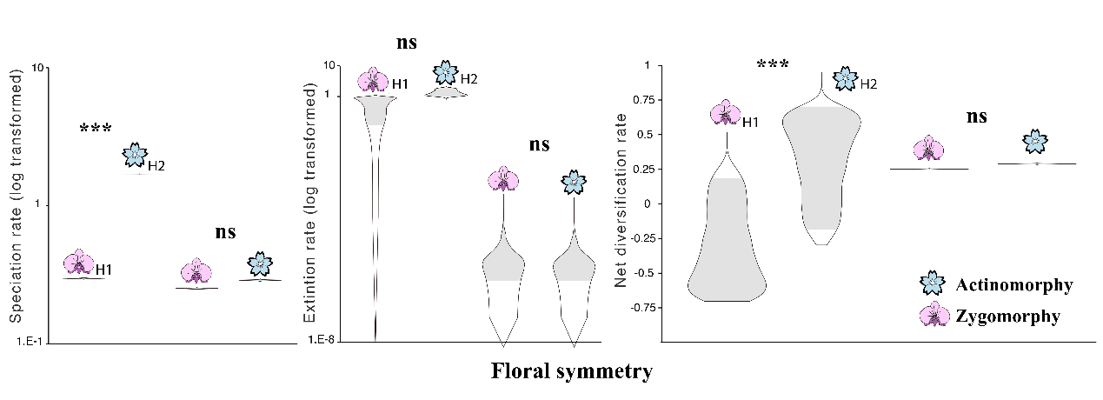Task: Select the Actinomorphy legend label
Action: (1013, 285)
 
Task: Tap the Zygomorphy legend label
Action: (1007, 317)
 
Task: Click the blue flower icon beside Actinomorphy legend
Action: (933, 283)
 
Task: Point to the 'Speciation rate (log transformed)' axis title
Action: (16, 198)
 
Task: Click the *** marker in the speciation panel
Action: (96, 130)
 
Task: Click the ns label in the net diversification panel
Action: (976, 117)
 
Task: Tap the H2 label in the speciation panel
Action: (156, 165)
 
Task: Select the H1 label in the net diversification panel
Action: (750, 122)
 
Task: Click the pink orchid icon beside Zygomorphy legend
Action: (934, 315)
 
